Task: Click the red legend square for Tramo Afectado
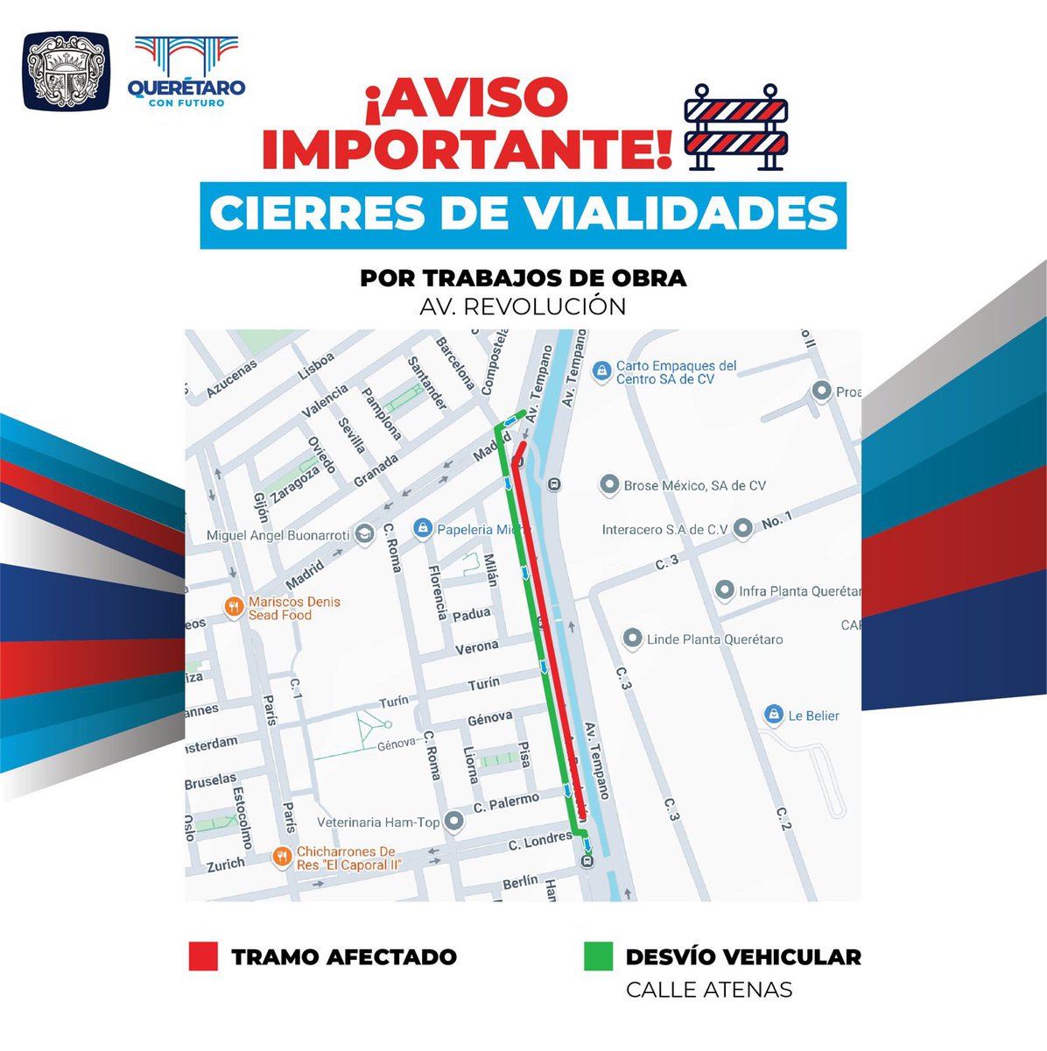point(203,956)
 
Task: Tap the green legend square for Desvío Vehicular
point(598,956)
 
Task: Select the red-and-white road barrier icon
point(735,127)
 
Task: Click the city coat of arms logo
point(66,72)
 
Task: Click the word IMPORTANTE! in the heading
point(467,150)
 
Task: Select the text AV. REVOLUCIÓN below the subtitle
point(523,307)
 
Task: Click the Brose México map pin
point(609,484)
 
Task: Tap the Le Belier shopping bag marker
point(773,715)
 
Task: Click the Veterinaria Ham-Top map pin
point(453,822)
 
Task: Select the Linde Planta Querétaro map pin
point(632,638)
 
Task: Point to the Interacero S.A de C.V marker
point(742,528)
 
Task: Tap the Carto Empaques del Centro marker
point(601,371)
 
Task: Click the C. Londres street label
point(540,843)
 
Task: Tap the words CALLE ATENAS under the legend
point(708,990)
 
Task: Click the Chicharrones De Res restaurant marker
point(282,857)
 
